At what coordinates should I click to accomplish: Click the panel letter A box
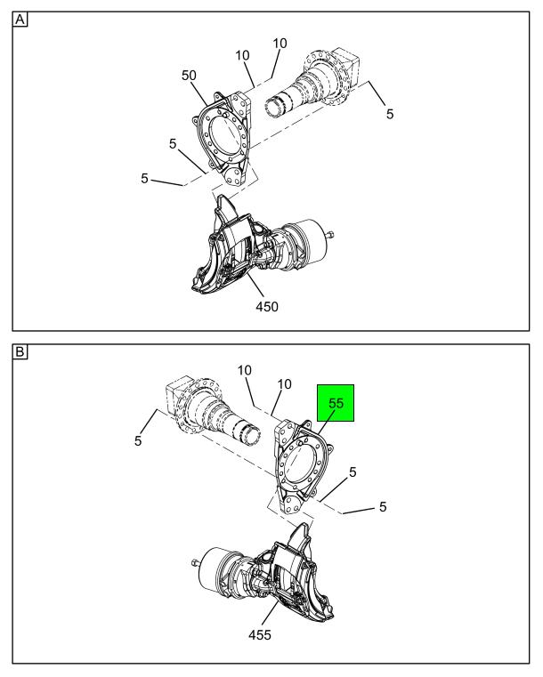(20, 20)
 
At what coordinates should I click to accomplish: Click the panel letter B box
(20, 352)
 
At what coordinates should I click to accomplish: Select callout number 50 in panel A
(189, 76)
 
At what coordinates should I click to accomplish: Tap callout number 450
(267, 307)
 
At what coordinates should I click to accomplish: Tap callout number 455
(260, 635)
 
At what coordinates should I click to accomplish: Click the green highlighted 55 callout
(336, 403)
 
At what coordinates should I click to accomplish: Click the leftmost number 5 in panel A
(144, 178)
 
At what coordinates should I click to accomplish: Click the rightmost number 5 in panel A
(390, 114)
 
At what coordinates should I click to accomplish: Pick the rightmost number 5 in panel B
(383, 506)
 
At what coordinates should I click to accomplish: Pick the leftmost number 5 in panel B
(138, 441)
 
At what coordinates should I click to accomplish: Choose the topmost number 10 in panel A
(280, 44)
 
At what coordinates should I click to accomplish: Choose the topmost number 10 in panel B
(245, 370)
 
